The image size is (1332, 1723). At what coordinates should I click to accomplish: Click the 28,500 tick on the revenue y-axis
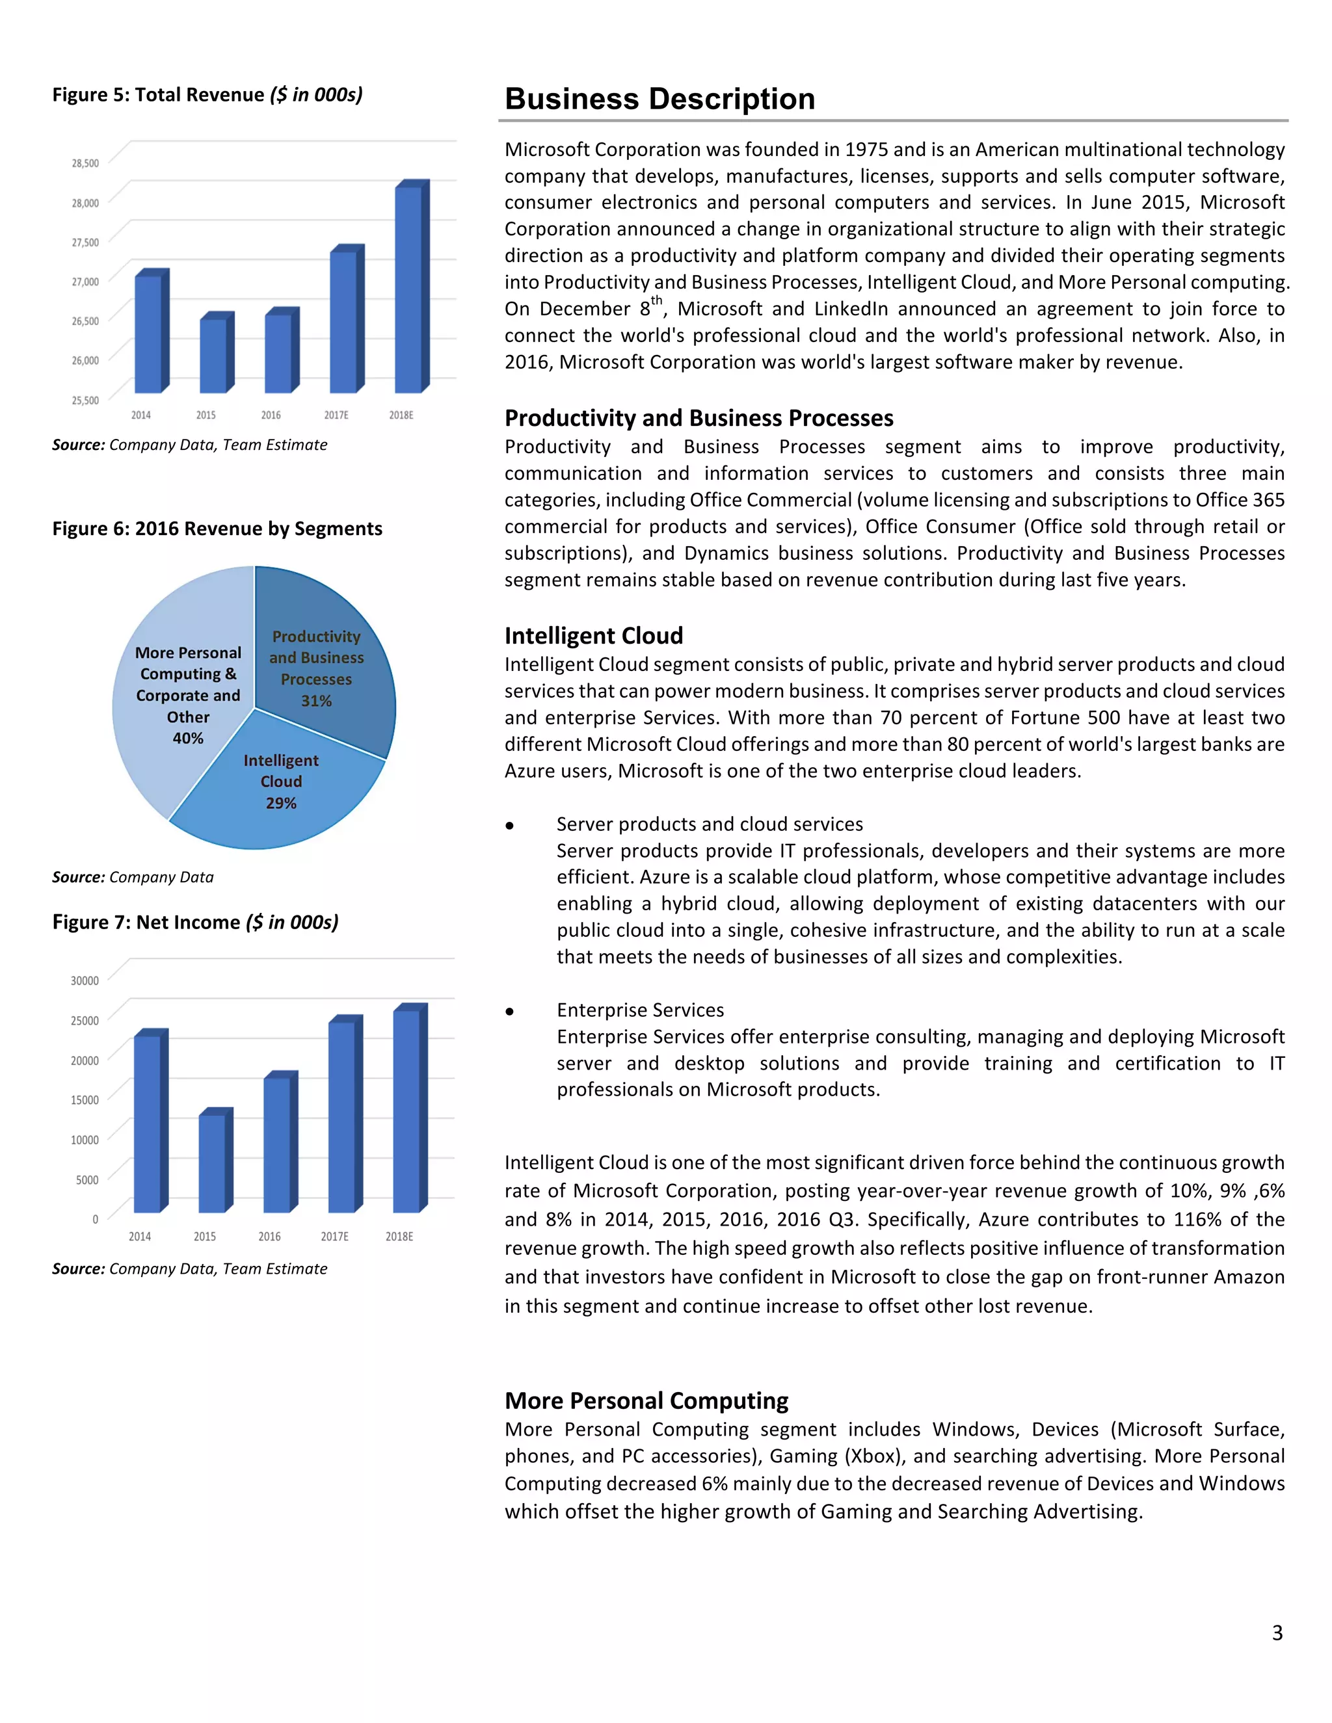85,163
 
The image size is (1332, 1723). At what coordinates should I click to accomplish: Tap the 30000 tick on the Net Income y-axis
85,980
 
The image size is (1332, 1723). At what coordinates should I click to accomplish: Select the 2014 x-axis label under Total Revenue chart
140,415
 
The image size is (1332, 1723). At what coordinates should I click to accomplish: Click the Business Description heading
659,99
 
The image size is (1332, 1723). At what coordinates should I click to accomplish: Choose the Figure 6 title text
217,529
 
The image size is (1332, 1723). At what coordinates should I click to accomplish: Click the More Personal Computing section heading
646,1401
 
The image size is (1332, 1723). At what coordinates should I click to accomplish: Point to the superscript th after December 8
656,300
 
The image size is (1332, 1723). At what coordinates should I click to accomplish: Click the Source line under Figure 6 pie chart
133,877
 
